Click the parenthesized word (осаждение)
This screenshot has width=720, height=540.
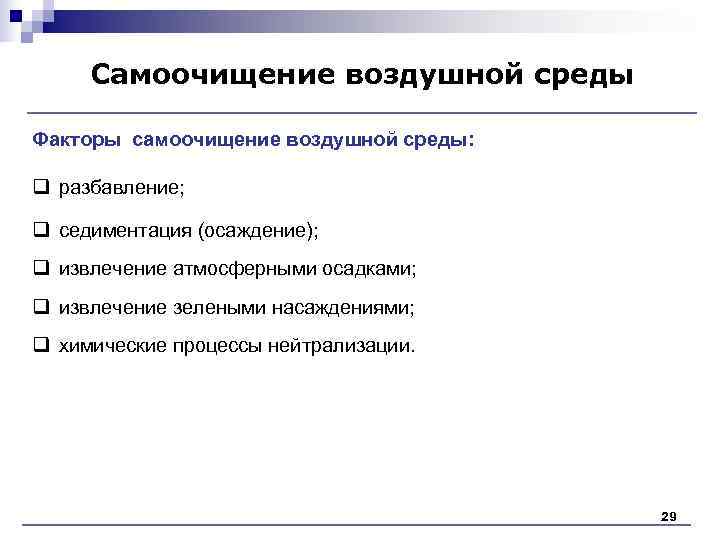coord(259,231)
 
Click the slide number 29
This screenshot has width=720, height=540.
coord(669,516)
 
